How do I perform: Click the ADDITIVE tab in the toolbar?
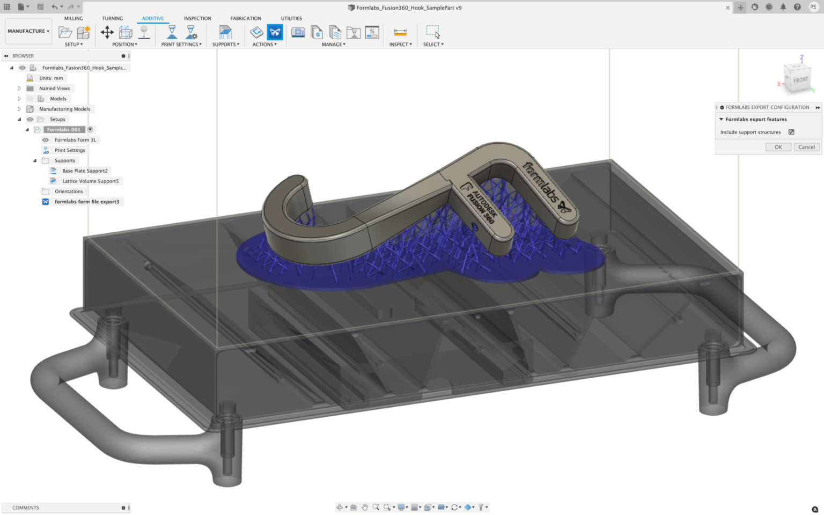coord(152,18)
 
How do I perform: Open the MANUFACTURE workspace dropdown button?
coord(28,31)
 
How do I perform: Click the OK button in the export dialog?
coord(778,147)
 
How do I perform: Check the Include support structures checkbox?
coord(791,132)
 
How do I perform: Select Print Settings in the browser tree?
coord(70,150)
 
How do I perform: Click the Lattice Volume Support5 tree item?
coord(90,181)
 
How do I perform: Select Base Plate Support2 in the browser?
coord(85,171)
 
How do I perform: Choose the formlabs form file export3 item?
coord(86,202)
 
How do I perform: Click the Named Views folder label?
coord(54,89)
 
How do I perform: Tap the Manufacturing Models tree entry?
coord(64,109)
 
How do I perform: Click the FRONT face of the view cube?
coord(800,80)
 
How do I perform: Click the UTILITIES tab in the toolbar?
coord(291,18)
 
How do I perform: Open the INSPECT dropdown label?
coord(400,45)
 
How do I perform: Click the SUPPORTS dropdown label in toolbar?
coord(225,45)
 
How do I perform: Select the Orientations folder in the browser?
coord(69,192)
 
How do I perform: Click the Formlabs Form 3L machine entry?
coord(75,140)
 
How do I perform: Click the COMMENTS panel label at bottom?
coord(26,507)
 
